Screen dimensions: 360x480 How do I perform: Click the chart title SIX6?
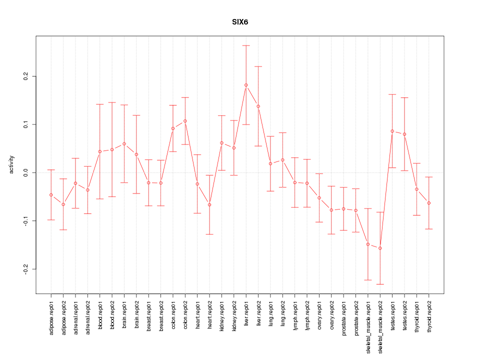(x=239, y=22)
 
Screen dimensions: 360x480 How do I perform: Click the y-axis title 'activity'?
(x=11, y=164)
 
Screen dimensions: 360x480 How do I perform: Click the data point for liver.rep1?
(x=246, y=85)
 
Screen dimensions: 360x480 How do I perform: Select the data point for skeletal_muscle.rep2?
(x=380, y=248)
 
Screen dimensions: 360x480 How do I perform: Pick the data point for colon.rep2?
(x=185, y=121)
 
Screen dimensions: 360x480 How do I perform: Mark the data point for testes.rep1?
(x=392, y=131)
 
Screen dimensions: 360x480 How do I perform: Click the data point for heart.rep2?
(x=209, y=204)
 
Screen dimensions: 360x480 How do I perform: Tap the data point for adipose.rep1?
(x=51, y=194)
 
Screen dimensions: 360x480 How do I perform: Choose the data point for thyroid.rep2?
(x=429, y=202)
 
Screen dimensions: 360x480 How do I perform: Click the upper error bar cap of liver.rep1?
(x=246, y=45)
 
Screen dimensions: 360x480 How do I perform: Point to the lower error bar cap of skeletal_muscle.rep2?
(x=380, y=284)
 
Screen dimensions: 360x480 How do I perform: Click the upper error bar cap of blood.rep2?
(x=112, y=102)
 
